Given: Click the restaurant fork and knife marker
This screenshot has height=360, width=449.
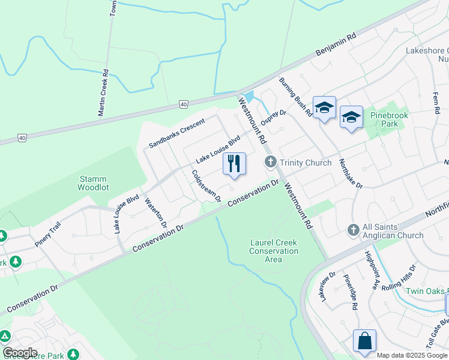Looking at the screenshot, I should point(234,164).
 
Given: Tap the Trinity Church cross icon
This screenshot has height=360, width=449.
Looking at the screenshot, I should point(270,162).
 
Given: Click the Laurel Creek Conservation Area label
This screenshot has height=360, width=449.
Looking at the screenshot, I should point(274,251).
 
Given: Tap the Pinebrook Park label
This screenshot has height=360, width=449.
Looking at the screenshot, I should point(384,119).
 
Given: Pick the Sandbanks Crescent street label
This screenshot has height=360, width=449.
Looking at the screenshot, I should point(177,133).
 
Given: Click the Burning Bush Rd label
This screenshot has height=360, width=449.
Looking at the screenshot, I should point(295,96).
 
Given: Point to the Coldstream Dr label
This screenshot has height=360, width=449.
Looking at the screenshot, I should point(206,185).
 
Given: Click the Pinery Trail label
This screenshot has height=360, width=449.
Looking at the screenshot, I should point(47,230).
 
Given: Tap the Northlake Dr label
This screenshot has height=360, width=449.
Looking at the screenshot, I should point(351,173).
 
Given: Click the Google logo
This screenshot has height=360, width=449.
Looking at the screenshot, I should point(20,353).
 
